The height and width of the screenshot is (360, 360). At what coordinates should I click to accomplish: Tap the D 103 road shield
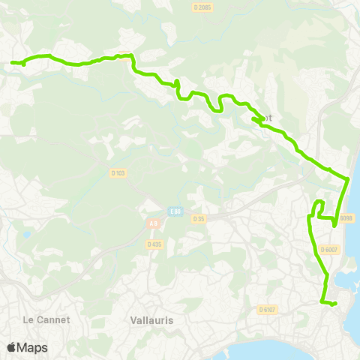pyautogui.click(x=118, y=173)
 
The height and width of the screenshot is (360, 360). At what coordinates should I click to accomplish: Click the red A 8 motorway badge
pyautogui.click(x=153, y=223)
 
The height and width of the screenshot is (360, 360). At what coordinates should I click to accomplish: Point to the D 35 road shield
pyautogui.click(x=198, y=219)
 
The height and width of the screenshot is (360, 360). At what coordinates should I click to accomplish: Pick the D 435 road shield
pyautogui.click(x=154, y=244)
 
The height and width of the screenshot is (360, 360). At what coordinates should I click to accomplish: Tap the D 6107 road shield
pyautogui.click(x=268, y=309)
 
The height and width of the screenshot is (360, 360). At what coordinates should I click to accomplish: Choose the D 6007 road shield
pyautogui.click(x=328, y=250)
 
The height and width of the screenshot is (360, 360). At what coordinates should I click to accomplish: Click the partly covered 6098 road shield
pyautogui.click(x=346, y=218)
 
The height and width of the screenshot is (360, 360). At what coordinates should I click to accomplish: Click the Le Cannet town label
pyautogui.click(x=46, y=319)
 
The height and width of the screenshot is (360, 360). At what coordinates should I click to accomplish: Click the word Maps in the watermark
pyautogui.click(x=32, y=347)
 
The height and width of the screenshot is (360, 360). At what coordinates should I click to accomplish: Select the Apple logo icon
pyautogui.click(x=11, y=347)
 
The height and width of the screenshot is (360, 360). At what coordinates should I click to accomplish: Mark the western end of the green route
pyautogui.click(x=13, y=63)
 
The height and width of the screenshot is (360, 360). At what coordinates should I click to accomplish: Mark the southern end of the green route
pyautogui.click(x=334, y=303)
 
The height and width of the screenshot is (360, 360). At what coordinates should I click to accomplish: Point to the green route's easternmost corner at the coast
pyautogui.click(x=349, y=179)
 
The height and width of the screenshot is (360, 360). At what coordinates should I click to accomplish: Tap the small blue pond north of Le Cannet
pyautogui.click(x=27, y=235)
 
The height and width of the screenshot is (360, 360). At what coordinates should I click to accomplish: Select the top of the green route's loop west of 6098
pyautogui.click(x=319, y=201)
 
